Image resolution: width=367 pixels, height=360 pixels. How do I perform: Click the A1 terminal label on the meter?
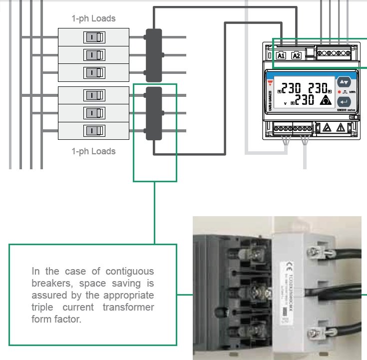[x=281, y=55]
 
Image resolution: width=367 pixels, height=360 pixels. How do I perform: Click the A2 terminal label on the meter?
[x=296, y=55]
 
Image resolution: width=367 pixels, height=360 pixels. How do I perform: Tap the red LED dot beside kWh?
[x=339, y=92]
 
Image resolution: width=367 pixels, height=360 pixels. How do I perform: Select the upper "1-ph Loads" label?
[x=93, y=19]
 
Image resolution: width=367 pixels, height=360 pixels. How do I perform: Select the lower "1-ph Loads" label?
[x=93, y=151]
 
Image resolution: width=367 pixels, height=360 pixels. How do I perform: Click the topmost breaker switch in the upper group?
[x=94, y=37]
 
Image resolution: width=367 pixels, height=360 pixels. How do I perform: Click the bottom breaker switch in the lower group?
[x=94, y=131]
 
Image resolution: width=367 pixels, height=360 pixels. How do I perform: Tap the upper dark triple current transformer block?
[x=153, y=55]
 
